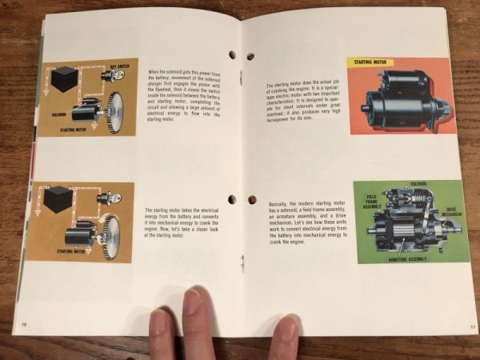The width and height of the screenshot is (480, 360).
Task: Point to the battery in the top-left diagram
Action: (x=63, y=78)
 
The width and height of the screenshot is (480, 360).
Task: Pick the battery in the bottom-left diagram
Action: (x=59, y=198)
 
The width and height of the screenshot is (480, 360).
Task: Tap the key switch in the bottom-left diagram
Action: (x=104, y=197)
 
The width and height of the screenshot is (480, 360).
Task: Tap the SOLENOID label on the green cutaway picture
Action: (x=418, y=184)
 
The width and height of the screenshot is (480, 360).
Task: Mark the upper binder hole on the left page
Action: (x=232, y=55)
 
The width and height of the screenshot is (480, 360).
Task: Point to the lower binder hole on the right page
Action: (x=250, y=200)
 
